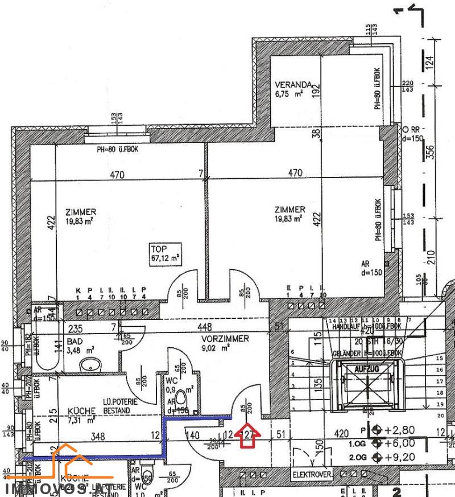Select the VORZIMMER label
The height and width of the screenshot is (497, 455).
point(225,338)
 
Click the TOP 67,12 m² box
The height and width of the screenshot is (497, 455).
point(164,253)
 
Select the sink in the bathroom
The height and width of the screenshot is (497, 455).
point(89,364)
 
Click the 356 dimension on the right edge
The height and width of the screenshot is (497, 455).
point(431,153)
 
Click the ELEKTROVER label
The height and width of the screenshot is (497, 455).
point(312,474)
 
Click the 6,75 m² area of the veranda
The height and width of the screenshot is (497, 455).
point(289,93)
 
